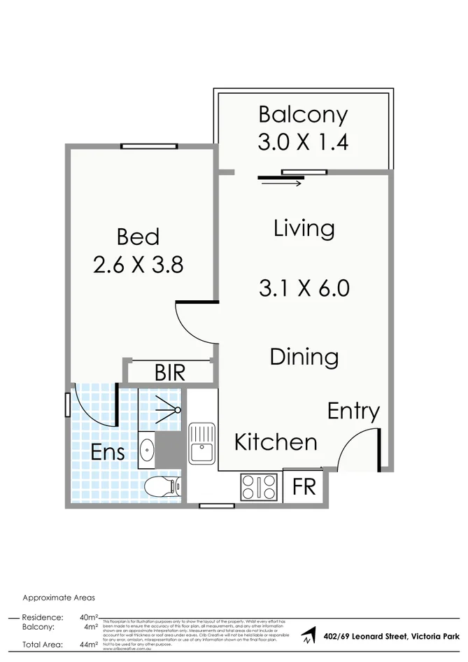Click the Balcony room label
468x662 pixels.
[x=302, y=114]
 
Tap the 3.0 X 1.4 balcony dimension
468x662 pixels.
[x=302, y=143]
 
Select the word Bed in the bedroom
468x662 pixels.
[x=138, y=237]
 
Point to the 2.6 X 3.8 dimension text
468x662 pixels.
[x=138, y=265]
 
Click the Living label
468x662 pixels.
[x=304, y=229]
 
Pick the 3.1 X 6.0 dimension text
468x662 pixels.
[x=304, y=288]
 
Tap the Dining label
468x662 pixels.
[x=304, y=357]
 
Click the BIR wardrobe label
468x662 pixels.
[x=170, y=372]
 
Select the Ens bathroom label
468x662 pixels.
[x=108, y=452]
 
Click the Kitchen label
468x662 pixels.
[x=275, y=442]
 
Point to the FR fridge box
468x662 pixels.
[x=304, y=486]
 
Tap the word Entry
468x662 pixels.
[x=353, y=411]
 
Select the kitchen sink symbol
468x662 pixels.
[x=201, y=442]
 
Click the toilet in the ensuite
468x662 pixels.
[x=163, y=486]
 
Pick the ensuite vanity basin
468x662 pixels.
[x=146, y=449]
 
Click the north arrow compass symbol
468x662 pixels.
[x=308, y=637]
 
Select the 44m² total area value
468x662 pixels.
[x=88, y=645]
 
